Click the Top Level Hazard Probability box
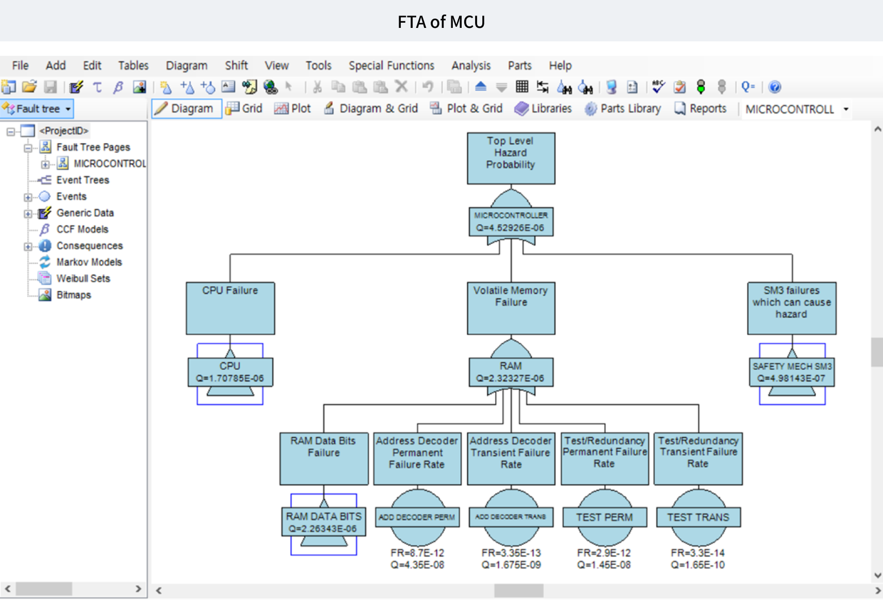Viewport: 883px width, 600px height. pyautogui.click(x=511, y=158)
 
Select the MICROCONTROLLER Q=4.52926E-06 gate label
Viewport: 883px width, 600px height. pyautogui.click(x=511, y=222)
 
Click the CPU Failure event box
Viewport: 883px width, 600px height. pyautogui.click(x=230, y=308)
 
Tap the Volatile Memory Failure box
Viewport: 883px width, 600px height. pyautogui.click(x=511, y=308)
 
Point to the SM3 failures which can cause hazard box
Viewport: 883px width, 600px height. pyautogui.click(x=792, y=308)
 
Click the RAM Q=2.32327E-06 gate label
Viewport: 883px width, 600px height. pyautogui.click(x=511, y=372)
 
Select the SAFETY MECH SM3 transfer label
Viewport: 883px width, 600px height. pyautogui.click(x=792, y=372)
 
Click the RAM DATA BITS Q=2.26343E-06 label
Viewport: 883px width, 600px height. pyautogui.click(x=324, y=522)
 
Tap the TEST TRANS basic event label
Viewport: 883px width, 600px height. pyautogui.click(x=698, y=517)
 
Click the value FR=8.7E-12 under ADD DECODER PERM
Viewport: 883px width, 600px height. pyautogui.click(x=417, y=553)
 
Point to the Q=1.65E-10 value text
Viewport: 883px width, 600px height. pyautogui.click(x=698, y=565)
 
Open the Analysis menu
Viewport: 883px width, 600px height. pyautogui.click(x=471, y=66)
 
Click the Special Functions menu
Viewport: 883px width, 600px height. pyautogui.click(x=391, y=66)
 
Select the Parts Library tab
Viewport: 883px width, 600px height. pyautogui.click(x=623, y=109)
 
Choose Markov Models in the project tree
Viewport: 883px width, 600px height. pyautogui.click(x=89, y=262)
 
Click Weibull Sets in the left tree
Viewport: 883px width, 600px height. pyautogui.click(x=83, y=279)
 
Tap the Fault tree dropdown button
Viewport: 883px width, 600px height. pyautogui.click(x=37, y=109)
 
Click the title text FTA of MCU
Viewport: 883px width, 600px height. pyautogui.click(x=441, y=22)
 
